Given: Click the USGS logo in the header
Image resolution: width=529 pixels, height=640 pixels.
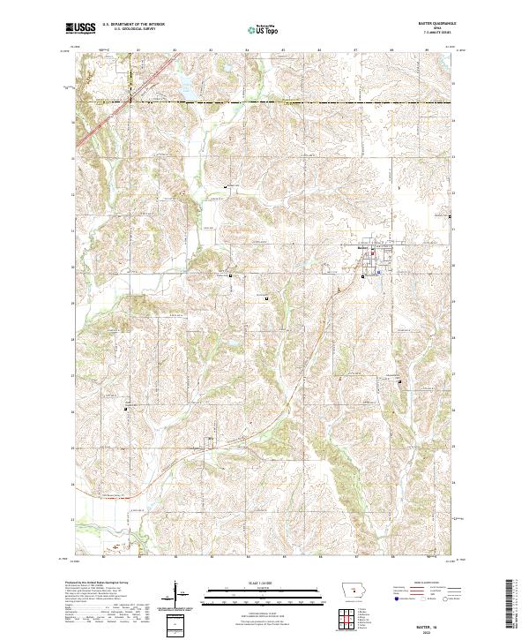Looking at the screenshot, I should click(80, 29).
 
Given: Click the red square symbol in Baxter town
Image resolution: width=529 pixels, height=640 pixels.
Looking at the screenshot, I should click(373, 256).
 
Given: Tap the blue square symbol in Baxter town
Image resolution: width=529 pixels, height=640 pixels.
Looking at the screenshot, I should click(378, 273).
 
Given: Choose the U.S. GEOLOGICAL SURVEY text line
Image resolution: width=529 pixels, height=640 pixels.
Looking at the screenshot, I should click(132, 30).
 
